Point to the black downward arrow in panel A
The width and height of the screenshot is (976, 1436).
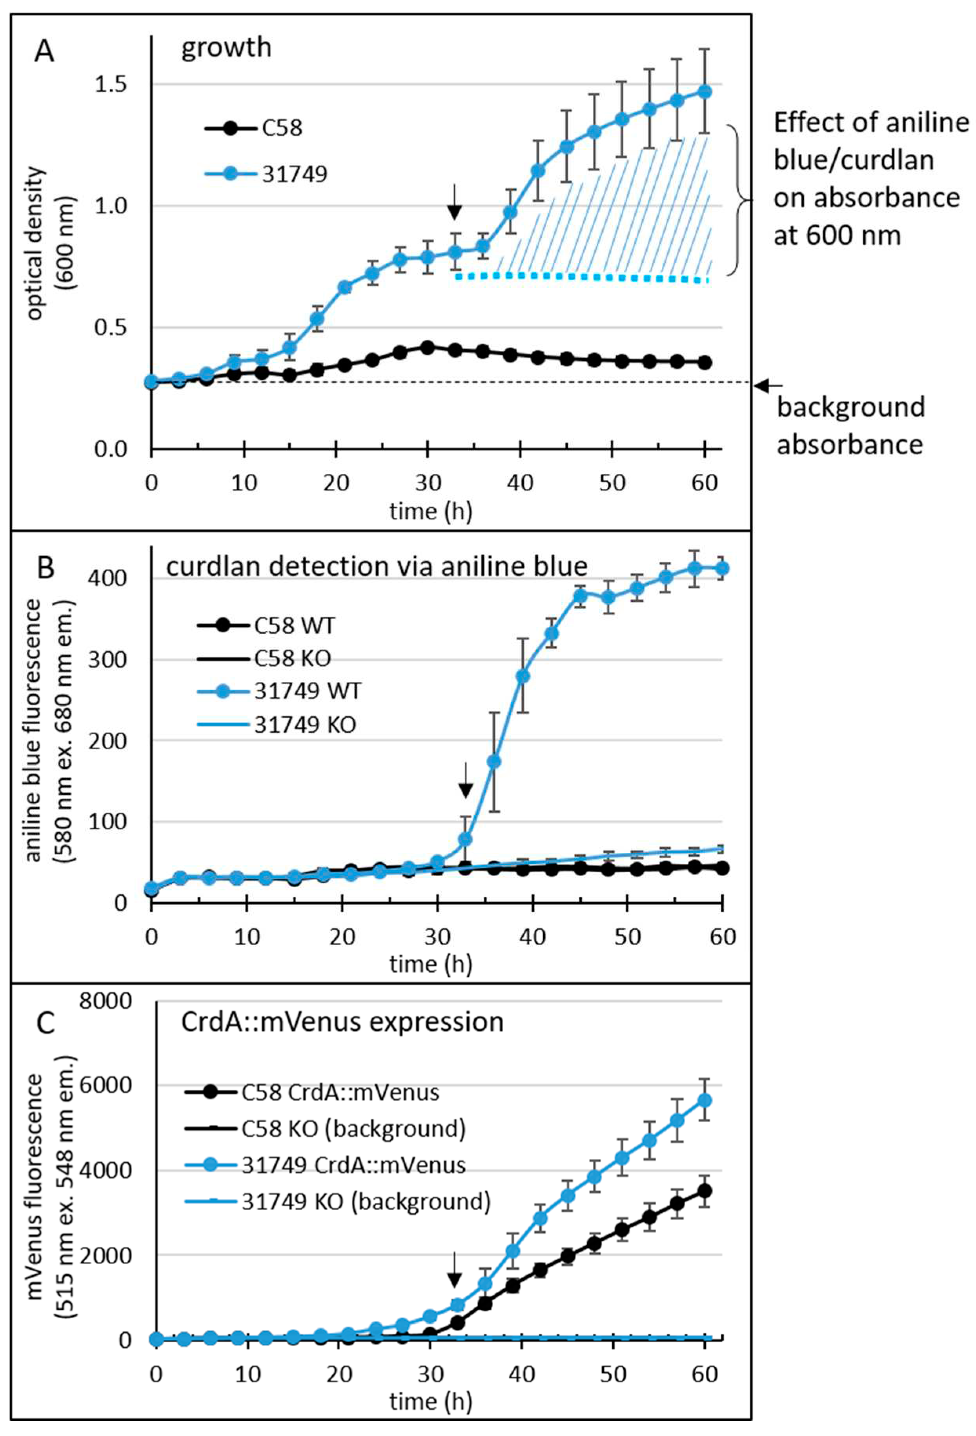click(x=454, y=201)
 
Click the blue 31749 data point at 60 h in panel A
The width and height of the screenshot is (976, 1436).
click(x=704, y=91)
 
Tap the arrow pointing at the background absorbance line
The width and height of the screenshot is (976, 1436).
click(x=768, y=386)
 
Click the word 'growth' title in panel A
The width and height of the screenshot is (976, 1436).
click(x=226, y=47)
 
